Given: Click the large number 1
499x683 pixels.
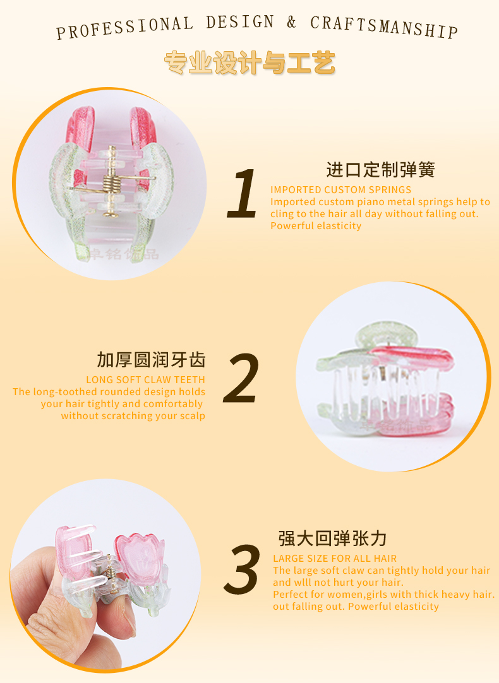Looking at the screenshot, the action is click(x=243, y=194).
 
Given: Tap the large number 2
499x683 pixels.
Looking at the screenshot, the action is click(x=241, y=377).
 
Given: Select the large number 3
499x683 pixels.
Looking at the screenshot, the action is click(x=242, y=570).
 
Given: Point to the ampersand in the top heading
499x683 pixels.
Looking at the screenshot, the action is click(x=292, y=22).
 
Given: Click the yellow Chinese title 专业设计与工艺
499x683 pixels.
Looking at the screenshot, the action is click(x=249, y=62).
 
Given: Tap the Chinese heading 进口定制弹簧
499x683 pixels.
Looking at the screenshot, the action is click(x=380, y=169).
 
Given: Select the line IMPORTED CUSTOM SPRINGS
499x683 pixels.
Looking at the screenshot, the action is click(x=341, y=190).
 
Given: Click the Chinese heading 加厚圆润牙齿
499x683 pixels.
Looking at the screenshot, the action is click(x=151, y=360).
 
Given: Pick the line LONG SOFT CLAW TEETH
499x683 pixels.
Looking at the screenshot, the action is click(x=145, y=380).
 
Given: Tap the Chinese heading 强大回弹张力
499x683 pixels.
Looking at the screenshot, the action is click(x=332, y=538).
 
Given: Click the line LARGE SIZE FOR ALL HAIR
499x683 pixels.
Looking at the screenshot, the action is click(x=335, y=559).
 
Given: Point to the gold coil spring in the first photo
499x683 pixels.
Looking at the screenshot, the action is click(x=112, y=182).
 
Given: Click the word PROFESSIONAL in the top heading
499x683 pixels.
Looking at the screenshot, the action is click(x=124, y=28).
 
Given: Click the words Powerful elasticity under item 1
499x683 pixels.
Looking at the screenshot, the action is click(x=316, y=225).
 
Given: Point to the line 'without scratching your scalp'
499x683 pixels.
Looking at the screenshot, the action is click(x=133, y=416).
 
